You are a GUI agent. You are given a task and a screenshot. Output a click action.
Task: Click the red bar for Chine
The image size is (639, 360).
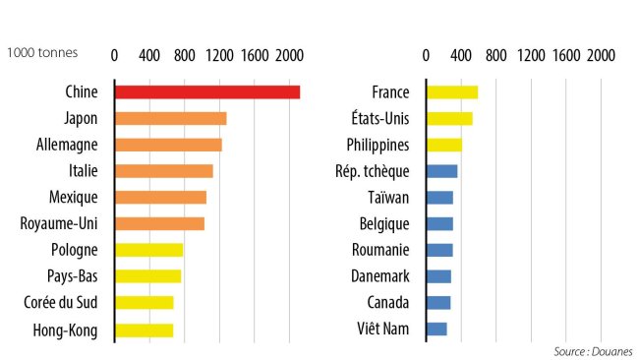point(207,92)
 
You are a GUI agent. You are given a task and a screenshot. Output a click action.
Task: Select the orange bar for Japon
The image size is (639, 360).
point(171,119)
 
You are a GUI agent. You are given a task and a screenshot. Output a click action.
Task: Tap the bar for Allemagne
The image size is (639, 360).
point(168,145)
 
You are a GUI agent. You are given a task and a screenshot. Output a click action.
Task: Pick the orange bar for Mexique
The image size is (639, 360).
point(161,198)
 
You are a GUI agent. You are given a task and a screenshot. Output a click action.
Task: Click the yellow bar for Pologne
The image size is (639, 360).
point(149,250)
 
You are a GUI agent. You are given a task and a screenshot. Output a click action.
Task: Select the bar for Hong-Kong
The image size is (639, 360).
point(145,330)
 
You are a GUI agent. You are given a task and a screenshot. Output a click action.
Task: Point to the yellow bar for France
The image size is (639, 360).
point(452,92)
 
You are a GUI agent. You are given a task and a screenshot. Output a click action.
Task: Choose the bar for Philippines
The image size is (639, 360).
point(444,145)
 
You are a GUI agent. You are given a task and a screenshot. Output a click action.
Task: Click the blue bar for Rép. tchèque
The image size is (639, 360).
point(441,171)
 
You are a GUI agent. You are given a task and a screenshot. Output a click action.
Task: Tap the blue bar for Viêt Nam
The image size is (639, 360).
point(436,330)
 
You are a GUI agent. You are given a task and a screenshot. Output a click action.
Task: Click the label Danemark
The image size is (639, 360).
point(379,276)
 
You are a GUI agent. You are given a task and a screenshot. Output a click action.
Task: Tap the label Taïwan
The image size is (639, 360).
point(387,198)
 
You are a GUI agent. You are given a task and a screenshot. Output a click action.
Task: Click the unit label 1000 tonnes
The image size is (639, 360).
point(42,53)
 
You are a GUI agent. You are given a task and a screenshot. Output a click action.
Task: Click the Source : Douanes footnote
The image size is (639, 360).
point(593,351)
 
